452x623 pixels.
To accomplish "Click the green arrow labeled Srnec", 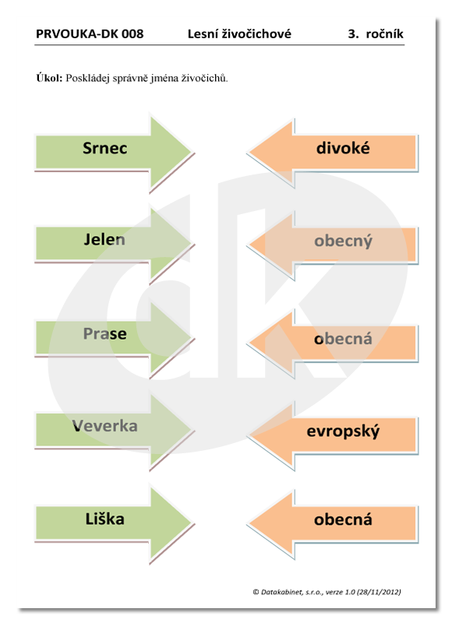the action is (113, 152).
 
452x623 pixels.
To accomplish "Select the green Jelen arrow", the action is (113, 243).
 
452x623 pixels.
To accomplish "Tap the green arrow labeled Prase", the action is (113, 338).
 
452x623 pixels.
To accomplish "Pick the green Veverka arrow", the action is (113, 431).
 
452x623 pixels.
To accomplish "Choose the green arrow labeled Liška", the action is (113, 523).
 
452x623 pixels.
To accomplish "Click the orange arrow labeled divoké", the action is (333, 153).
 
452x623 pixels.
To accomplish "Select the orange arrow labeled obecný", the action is (333, 245).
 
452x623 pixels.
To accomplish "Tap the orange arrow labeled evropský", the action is (333, 435).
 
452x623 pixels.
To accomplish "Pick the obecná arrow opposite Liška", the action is (333, 524).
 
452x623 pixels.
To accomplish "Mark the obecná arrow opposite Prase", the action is (333, 343).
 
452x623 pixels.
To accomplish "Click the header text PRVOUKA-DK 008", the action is (90, 33).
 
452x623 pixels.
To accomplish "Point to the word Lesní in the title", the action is (202, 33).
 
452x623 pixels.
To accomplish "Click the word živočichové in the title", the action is (256, 33).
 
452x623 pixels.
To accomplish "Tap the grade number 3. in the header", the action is (353, 33).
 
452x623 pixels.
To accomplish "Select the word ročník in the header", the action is (384, 33).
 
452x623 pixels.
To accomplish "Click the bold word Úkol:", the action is (49, 78).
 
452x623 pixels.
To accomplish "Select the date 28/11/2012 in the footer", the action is (379, 592).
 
